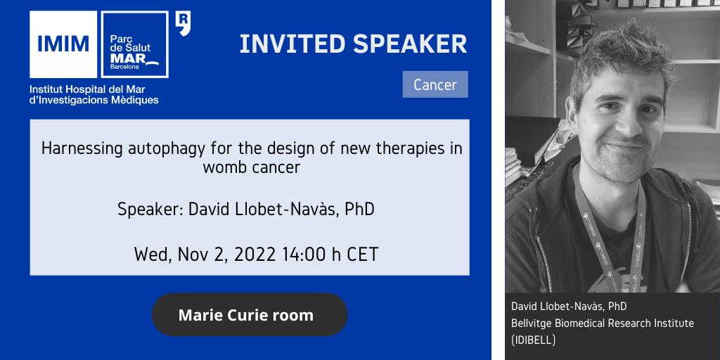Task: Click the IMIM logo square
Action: pos(63,44)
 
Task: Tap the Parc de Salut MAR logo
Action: pos(134,44)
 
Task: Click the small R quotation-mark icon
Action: pos(183,24)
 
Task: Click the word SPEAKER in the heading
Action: pos(410,44)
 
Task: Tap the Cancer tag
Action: pos(435,84)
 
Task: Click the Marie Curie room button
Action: pos(250,315)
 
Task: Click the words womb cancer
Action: pos(252,167)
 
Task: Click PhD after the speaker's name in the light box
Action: pos(359,210)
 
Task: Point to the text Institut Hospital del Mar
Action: pos(87,89)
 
